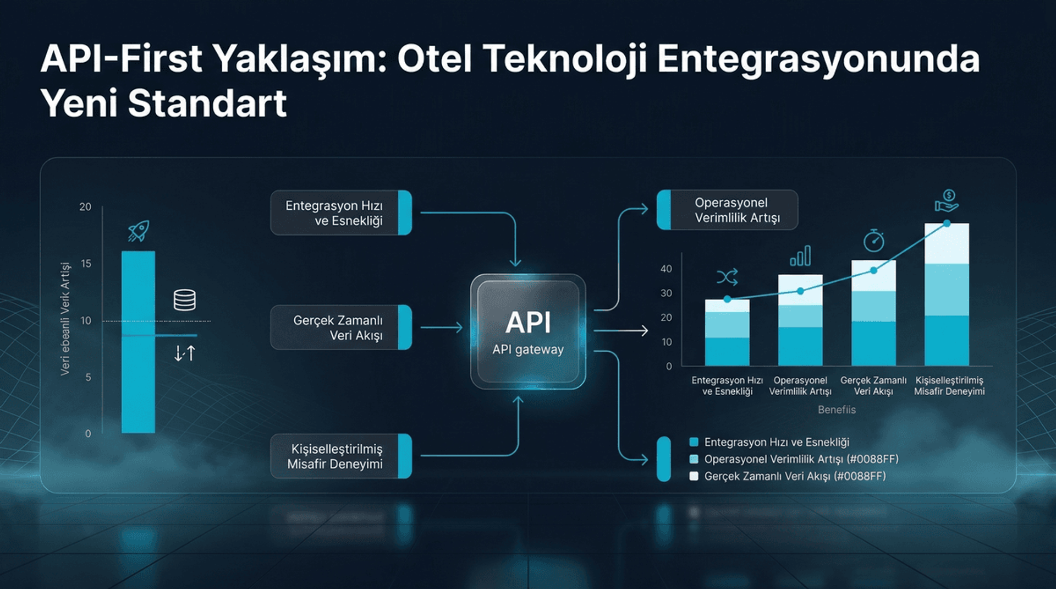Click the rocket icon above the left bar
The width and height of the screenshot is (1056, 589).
[x=139, y=231]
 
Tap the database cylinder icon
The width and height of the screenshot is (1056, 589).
[x=185, y=300]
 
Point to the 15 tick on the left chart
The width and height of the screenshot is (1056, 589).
[x=86, y=264]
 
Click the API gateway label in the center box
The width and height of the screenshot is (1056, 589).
[x=528, y=350]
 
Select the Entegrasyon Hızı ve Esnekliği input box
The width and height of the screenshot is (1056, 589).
[x=341, y=213]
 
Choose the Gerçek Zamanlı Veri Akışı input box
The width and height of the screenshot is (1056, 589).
[x=341, y=328]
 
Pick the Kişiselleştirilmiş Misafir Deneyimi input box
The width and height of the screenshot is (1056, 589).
[x=341, y=456]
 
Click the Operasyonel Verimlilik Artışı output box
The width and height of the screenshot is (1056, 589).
[x=727, y=210]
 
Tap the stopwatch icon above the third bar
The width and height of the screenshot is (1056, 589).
[x=873, y=241]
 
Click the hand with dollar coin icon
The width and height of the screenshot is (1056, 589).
[x=947, y=201]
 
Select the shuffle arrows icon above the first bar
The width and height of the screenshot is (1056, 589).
[x=727, y=276]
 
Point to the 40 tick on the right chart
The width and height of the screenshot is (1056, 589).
[x=666, y=269]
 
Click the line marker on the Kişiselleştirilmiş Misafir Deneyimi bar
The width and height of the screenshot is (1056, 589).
[x=947, y=223]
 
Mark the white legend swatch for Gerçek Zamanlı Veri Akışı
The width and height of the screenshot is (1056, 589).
[x=694, y=476]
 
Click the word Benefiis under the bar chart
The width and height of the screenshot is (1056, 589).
[x=837, y=410]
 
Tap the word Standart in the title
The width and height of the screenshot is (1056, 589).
[x=207, y=103]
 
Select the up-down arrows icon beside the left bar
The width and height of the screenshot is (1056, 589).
[x=185, y=353]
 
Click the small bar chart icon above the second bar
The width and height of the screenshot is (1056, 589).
[x=800, y=256]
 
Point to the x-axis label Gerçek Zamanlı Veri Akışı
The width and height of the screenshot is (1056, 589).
[x=873, y=385]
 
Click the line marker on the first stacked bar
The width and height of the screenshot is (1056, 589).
[x=727, y=299]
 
